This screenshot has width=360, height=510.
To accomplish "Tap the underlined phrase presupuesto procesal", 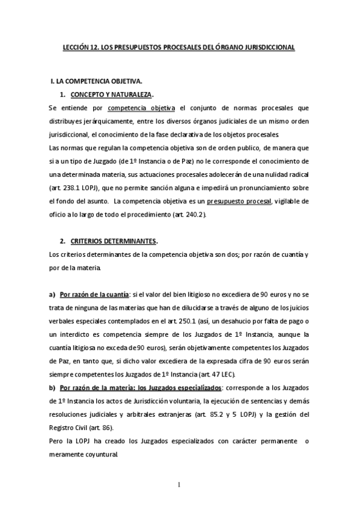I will [x=237, y=199].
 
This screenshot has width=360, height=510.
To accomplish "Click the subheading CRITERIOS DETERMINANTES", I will [x=113, y=241].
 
